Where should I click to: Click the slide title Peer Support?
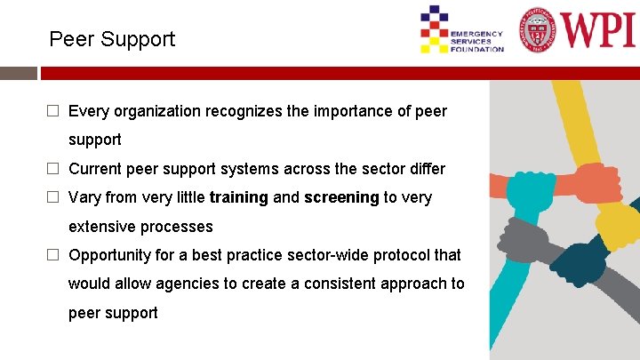112,39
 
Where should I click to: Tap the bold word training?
238,197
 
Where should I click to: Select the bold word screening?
341,197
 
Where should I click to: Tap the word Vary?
84,197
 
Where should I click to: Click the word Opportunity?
112,255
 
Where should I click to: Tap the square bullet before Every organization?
53,111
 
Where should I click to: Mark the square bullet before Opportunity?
53,255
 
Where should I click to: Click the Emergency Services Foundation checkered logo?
435,29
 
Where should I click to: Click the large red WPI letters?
597,29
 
